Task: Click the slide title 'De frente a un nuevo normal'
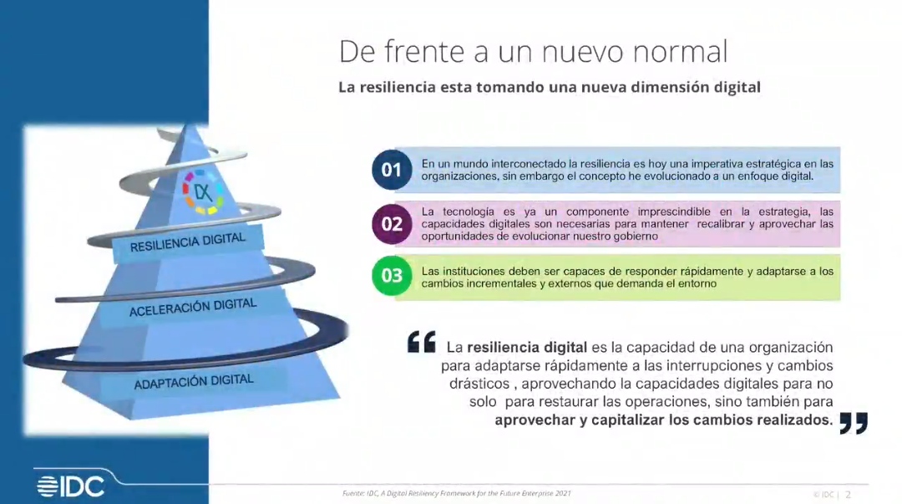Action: pyautogui.click(x=533, y=51)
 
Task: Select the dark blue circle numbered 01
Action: pyautogui.click(x=392, y=170)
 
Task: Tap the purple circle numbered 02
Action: pyautogui.click(x=392, y=223)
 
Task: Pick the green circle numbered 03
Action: pyautogui.click(x=392, y=275)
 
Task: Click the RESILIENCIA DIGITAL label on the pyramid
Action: pyautogui.click(x=188, y=242)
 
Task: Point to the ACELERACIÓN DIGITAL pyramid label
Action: pyautogui.click(x=193, y=308)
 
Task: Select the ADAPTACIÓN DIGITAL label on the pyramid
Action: pyautogui.click(x=194, y=382)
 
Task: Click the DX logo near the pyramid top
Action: pyautogui.click(x=202, y=192)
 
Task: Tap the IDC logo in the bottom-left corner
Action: pyautogui.click(x=71, y=486)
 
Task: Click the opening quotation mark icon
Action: pyautogui.click(x=422, y=342)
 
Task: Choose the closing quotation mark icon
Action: pyautogui.click(x=854, y=423)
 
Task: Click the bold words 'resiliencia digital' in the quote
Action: pyautogui.click(x=527, y=348)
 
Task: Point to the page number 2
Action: pyautogui.click(x=848, y=494)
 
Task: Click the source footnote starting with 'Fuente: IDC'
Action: pyautogui.click(x=457, y=493)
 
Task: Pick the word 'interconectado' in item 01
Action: pyautogui.click(x=526, y=164)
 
